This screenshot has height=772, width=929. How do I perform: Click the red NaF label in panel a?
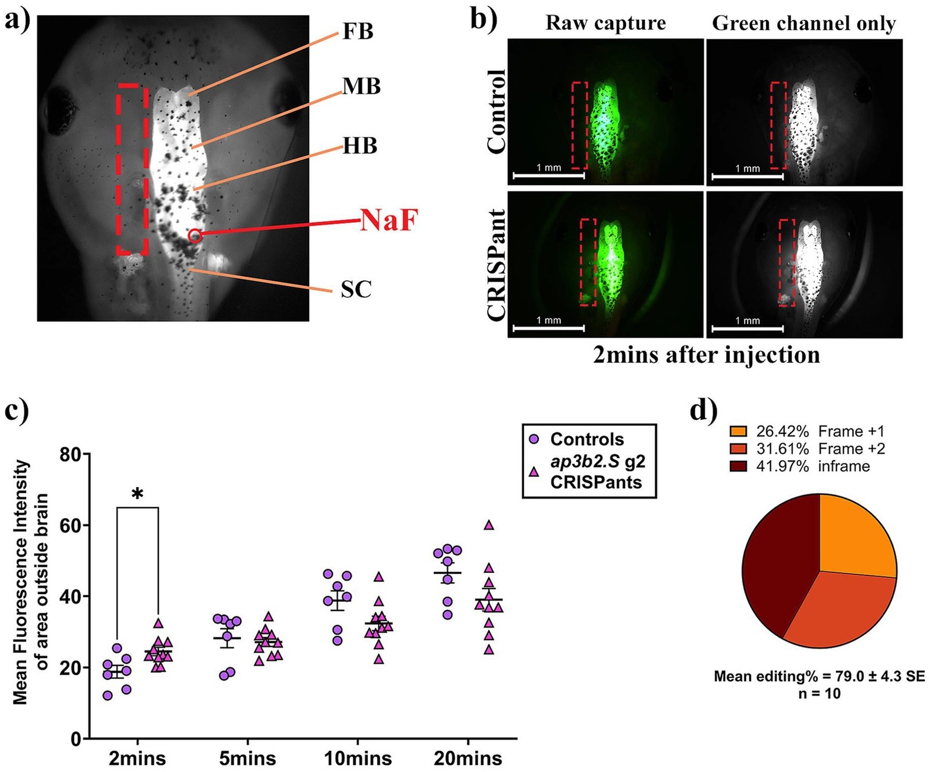point(389,220)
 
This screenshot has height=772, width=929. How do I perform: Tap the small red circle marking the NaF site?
point(194,235)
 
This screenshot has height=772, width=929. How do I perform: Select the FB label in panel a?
point(358,31)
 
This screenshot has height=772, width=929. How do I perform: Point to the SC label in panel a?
point(356,289)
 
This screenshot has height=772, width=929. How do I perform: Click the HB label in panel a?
point(360,146)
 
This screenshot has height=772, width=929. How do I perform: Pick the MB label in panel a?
point(362,87)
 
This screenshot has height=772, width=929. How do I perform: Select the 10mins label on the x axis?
point(358,758)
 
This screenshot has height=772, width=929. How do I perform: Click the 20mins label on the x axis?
point(468,758)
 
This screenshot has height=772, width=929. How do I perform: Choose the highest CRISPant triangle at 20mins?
point(489,525)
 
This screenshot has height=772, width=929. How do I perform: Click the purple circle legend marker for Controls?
point(534,439)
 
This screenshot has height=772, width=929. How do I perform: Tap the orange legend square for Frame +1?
point(738,431)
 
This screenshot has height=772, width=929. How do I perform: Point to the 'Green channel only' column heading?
point(804,24)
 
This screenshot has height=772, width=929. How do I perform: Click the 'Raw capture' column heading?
point(605,24)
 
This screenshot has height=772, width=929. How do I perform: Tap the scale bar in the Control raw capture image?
point(548,176)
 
